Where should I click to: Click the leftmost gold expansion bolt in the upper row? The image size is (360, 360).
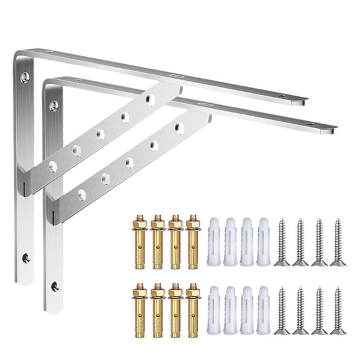pos(137,241)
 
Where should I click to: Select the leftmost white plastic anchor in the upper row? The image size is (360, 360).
pos(214,241)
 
